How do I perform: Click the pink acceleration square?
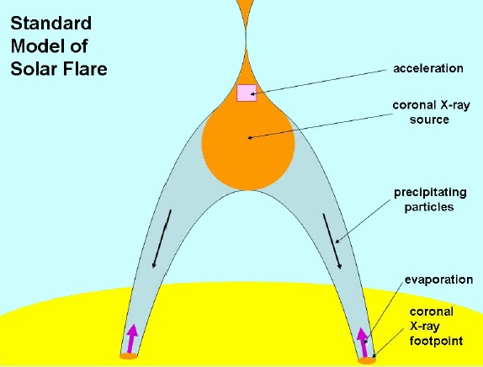(x=247, y=93)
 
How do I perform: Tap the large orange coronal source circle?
(x=248, y=150)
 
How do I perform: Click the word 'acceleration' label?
(x=428, y=68)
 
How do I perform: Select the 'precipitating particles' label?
(x=430, y=199)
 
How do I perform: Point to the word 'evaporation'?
(x=438, y=279)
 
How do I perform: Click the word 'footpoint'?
(x=436, y=341)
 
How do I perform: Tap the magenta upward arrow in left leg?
(x=132, y=338)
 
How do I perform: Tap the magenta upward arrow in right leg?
(x=363, y=342)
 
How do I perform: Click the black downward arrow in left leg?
(x=162, y=239)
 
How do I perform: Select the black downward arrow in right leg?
(x=332, y=242)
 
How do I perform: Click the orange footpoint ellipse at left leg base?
(x=129, y=356)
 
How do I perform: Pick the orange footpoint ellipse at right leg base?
(x=367, y=360)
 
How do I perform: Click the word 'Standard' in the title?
(x=51, y=24)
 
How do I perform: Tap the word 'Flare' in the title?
(x=85, y=68)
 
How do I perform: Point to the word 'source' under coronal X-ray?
(x=429, y=120)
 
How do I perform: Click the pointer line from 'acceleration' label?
(x=318, y=82)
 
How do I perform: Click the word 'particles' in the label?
(x=429, y=206)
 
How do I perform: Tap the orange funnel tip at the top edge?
(x=246, y=3)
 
